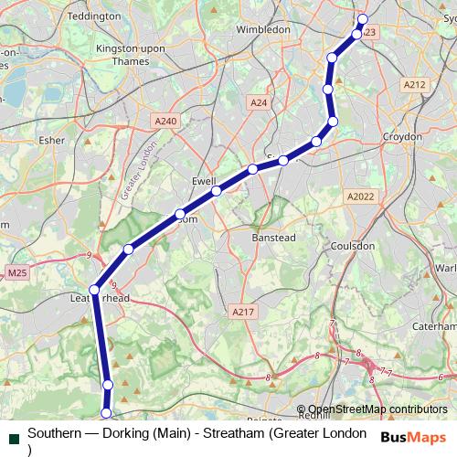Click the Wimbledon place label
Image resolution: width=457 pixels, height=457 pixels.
(x=263, y=29)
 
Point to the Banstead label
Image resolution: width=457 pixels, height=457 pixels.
(x=272, y=238)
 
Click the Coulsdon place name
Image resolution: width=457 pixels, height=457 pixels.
(x=353, y=246)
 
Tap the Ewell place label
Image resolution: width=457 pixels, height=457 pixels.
(x=203, y=181)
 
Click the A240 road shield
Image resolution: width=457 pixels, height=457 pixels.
(x=165, y=121)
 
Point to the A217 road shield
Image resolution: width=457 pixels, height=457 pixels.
(x=241, y=312)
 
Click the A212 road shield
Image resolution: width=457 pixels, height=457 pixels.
(x=414, y=84)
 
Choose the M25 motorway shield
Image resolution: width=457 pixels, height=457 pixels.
(x=16, y=272)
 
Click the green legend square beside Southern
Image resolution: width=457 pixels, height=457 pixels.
(x=13, y=440)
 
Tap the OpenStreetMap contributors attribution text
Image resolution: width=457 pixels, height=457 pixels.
(x=377, y=409)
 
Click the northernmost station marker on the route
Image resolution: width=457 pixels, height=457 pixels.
(x=362, y=19)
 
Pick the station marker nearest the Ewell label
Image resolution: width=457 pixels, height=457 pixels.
(x=217, y=191)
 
